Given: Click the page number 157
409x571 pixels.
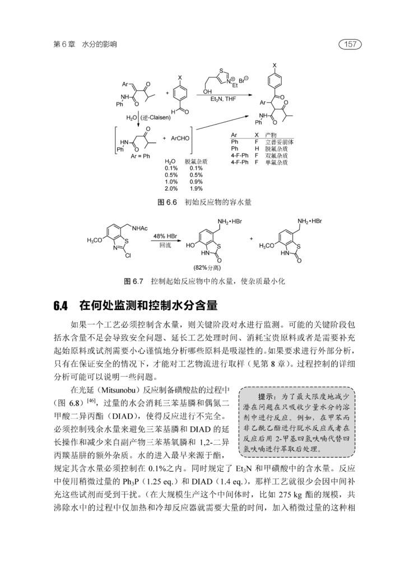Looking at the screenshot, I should tap(351, 44).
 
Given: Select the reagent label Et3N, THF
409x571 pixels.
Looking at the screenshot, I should tap(223, 99).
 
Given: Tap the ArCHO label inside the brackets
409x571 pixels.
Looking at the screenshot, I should tap(178, 137).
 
